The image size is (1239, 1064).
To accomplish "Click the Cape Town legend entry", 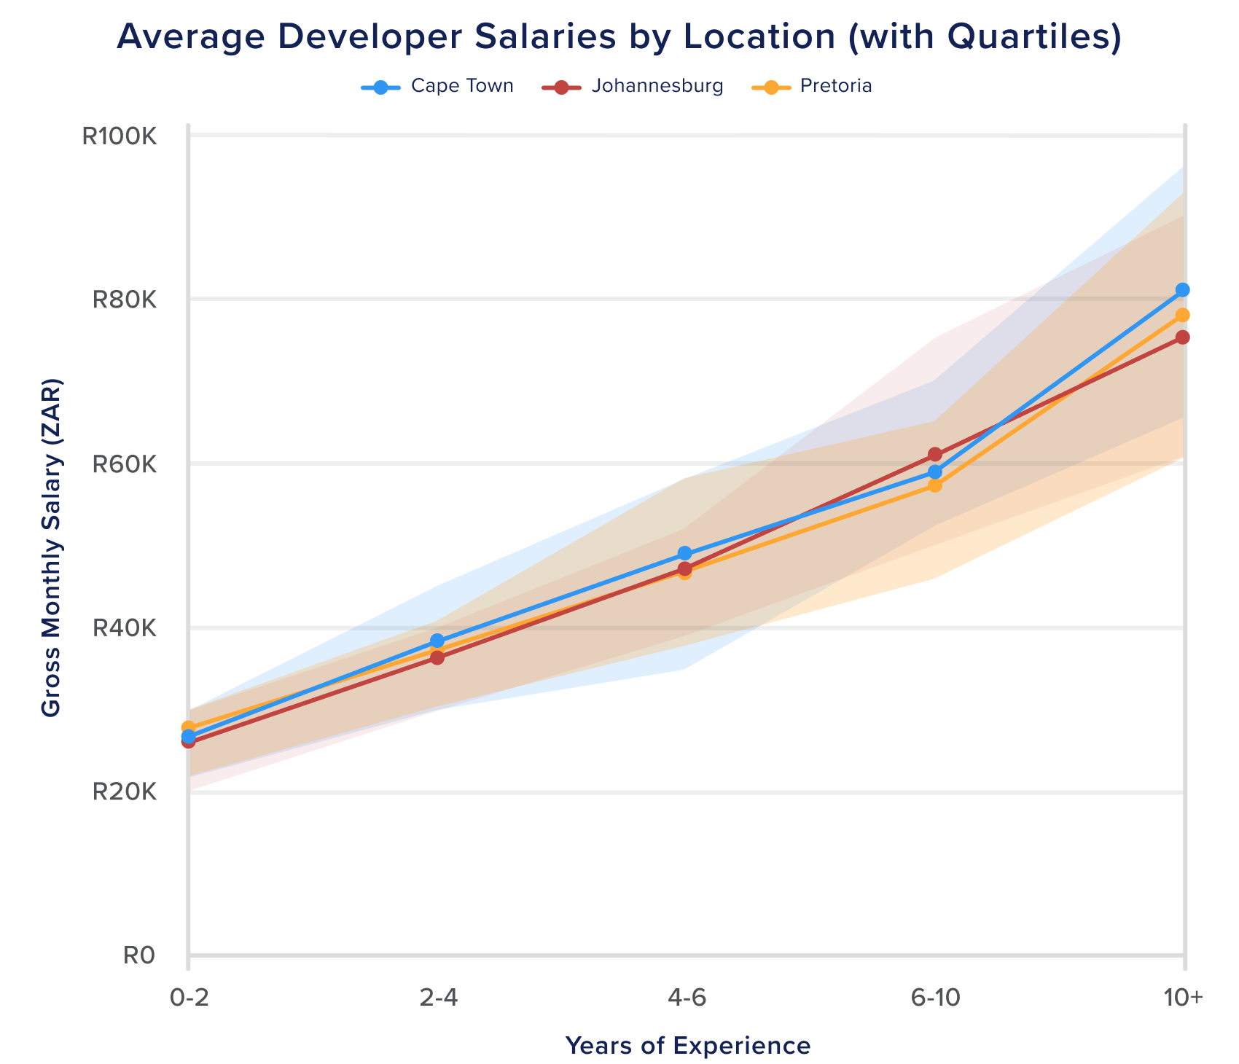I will [438, 87].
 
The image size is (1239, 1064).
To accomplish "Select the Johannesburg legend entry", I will [633, 87].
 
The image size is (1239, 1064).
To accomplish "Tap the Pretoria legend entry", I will [811, 87].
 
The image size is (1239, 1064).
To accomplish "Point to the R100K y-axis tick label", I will [120, 136].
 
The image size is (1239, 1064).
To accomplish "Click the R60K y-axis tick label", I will [125, 463].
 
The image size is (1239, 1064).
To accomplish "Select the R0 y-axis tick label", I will [139, 955].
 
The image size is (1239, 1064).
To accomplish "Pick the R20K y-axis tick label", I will [125, 792].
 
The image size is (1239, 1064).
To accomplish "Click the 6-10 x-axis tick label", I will [935, 998].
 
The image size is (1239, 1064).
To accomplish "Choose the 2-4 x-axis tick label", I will [438, 998].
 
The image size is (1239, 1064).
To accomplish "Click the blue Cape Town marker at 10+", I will [1183, 290].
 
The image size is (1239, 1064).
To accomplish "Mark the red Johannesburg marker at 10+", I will [1183, 337].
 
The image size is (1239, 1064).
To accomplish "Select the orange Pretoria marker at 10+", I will [1183, 315].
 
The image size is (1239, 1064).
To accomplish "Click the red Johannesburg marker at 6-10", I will [935, 455].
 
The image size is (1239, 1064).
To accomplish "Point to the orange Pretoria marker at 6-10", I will [935, 485].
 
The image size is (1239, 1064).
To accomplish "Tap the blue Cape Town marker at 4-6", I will [684, 553].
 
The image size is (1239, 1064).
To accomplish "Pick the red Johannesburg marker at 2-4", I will [437, 658].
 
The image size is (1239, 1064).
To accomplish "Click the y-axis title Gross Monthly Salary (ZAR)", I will [51, 547].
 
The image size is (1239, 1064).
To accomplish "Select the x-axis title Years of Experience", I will [687, 1046].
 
